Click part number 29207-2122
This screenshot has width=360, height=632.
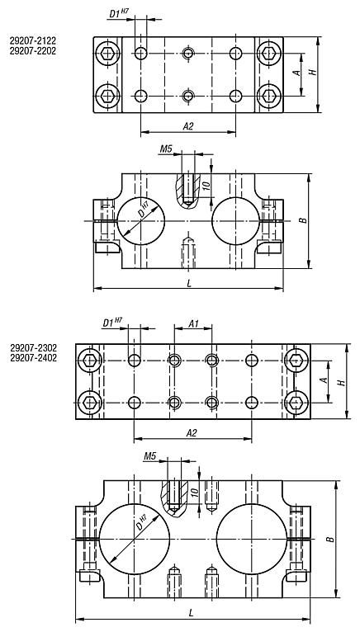33,40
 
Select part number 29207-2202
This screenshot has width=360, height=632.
33,51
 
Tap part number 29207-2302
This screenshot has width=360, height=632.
34,347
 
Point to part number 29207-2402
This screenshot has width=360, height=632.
34,358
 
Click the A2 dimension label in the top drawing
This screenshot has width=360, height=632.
188,126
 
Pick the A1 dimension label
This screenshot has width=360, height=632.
194,323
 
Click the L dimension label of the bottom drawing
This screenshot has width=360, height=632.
192,613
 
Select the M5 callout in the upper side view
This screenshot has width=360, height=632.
166,149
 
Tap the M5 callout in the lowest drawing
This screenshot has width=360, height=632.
149,456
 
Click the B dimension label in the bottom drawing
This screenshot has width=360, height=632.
331,539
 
